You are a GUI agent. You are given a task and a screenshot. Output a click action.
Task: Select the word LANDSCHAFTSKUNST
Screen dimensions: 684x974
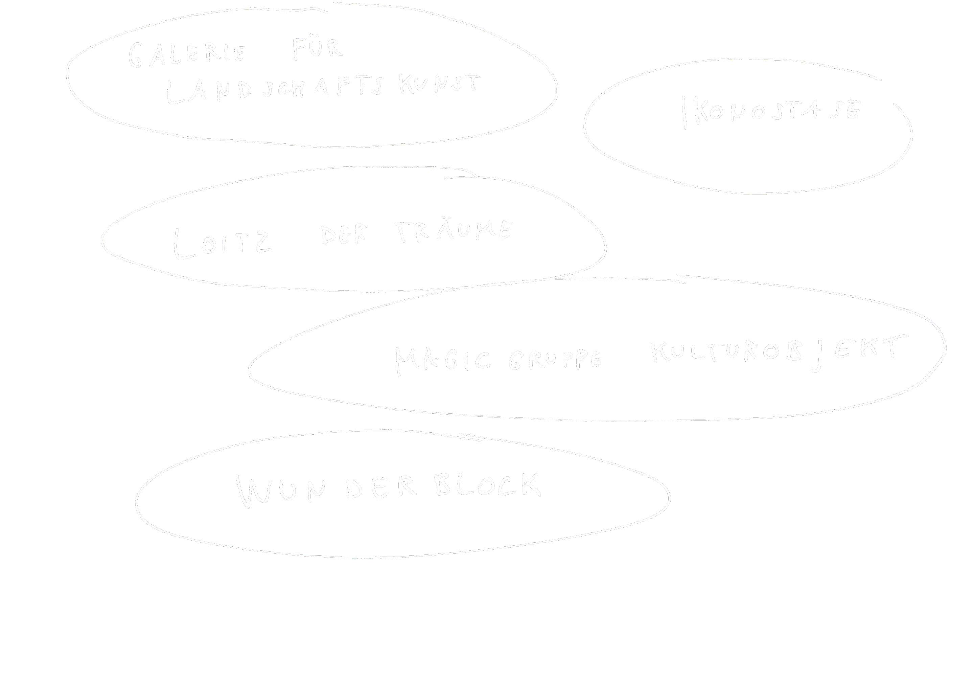click(x=322, y=89)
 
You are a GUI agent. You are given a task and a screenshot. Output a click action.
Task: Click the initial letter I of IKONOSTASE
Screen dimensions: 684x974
click(x=683, y=112)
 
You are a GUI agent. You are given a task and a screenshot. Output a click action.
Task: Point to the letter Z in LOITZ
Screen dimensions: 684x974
click(x=262, y=243)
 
